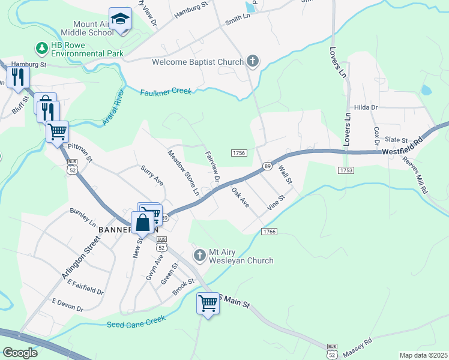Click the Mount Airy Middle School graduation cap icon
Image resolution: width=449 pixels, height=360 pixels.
point(121,19)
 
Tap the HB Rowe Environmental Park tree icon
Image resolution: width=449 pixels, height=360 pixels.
point(42,47)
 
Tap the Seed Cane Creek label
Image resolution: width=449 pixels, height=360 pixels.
point(136,323)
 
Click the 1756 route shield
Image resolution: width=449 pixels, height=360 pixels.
point(238,153)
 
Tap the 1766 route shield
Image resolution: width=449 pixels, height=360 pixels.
point(268,231)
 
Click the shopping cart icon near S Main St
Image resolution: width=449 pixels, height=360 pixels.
point(208,304)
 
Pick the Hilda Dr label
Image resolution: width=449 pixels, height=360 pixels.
point(366,107)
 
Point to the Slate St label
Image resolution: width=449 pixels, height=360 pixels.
point(396,139)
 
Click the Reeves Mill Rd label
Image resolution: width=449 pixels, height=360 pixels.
point(415,175)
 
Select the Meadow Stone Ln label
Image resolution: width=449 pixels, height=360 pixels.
point(183,173)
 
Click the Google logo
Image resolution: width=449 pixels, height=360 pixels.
point(20,353)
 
